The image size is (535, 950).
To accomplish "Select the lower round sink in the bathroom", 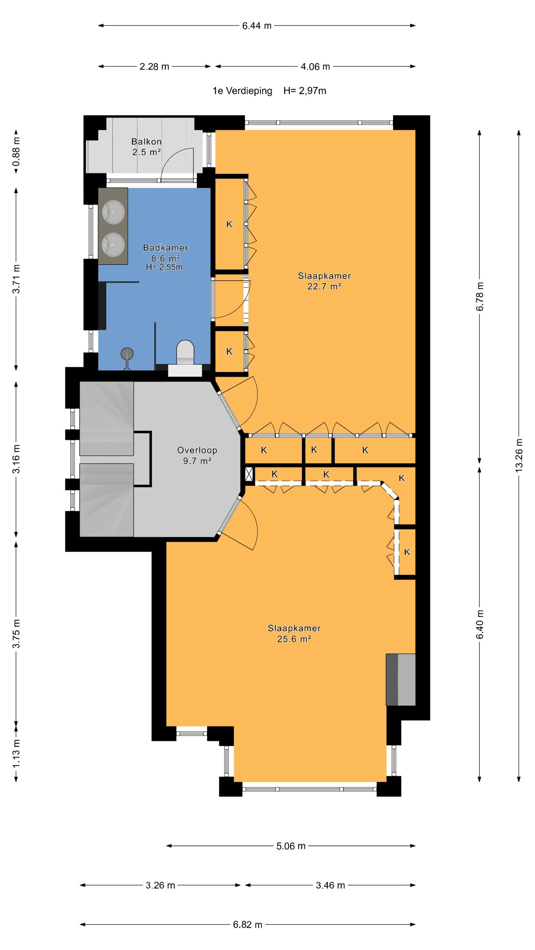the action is coord(113,245).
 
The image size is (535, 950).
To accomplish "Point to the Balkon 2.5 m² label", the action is coord(146,147).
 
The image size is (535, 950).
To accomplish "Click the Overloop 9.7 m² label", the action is coord(197,455).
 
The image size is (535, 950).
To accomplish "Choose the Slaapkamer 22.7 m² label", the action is coord(324,281).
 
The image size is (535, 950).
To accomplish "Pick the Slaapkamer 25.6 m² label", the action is coord(294,633).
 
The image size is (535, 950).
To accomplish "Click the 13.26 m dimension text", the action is coord(519,455).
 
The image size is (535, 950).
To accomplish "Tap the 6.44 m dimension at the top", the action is coord(257,26).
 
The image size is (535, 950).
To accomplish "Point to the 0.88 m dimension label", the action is coord(16,152).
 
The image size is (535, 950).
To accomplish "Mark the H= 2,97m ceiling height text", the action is coord(305,91).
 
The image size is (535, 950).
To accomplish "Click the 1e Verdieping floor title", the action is coord(242,91).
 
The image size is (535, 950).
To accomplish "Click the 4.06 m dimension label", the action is coord(315,67).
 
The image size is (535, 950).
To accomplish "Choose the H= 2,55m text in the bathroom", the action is coord(164,267).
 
